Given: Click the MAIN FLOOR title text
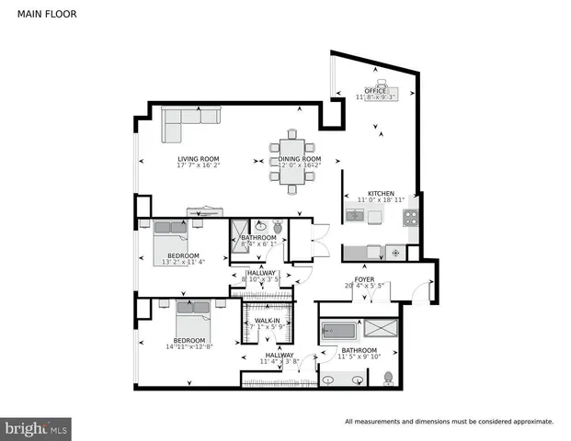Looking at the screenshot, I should coord(45,15).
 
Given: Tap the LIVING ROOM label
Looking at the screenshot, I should coord(200,160).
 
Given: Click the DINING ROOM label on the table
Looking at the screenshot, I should coord(300,160).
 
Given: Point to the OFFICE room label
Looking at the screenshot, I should coord(375,91).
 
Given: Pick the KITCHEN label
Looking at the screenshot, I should coord(381,193).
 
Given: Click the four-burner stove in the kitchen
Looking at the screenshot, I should coord(411,218).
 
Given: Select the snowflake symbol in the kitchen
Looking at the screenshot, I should coord(395,251).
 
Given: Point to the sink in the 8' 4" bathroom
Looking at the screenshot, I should coord(259,224).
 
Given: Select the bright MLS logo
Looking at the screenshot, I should coord(37,427).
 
